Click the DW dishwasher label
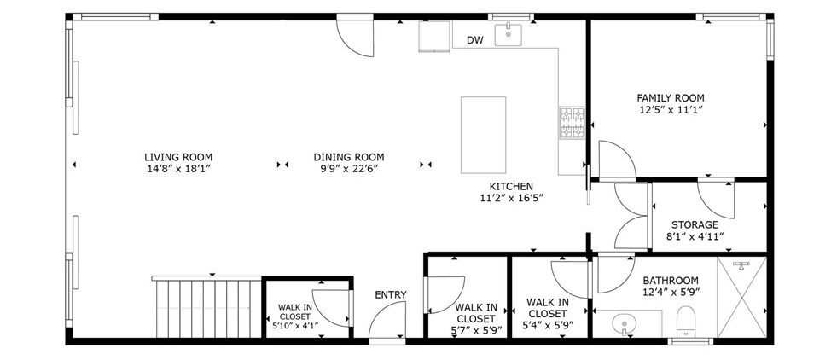474,40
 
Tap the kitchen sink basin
509,35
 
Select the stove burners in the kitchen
572,123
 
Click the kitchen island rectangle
483,135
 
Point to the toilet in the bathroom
684,321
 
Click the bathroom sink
623,323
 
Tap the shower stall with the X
741,297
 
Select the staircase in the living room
207,306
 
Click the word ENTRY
391,295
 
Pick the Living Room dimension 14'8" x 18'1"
178,169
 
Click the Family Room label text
671,98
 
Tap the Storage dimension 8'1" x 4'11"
695,236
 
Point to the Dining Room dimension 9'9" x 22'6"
349,169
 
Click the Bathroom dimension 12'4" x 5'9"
671,292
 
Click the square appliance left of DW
434,37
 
